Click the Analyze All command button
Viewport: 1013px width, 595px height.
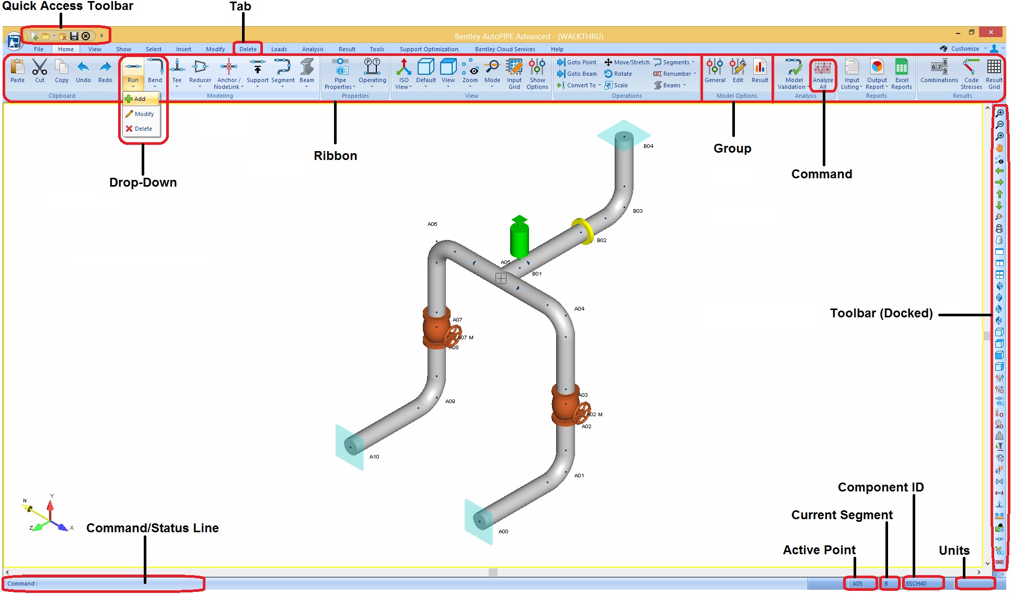tap(823, 74)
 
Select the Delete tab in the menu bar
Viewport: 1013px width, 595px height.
tap(248, 49)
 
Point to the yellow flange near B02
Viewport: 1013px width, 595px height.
tap(583, 231)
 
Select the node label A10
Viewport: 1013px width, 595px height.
tap(374, 456)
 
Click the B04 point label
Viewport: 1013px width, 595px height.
tap(648, 146)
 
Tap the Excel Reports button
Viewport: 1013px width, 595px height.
tap(901, 74)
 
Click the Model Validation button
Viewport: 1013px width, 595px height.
tap(793, 74)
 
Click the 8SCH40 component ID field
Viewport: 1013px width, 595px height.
tap(923, 583)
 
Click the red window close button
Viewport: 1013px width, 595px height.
tap(991, 32)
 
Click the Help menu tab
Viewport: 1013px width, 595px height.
tap(557, 49)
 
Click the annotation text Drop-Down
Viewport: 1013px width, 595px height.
tap(143, 182)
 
